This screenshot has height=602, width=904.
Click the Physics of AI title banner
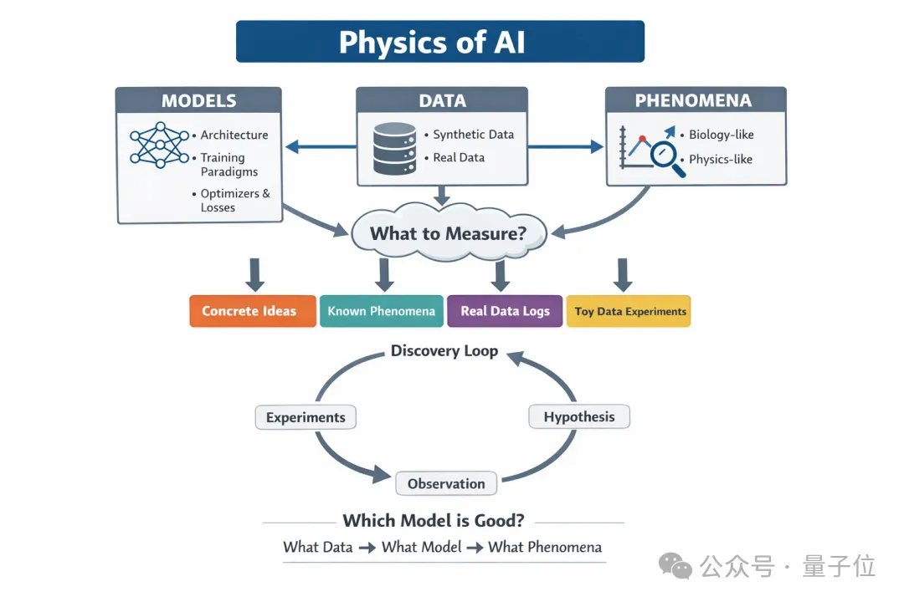pyautogui.click(x=440, y=42)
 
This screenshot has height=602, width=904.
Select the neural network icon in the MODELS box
pyautogui.click(x=159, y=146)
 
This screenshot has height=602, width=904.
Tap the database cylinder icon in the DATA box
pyautogui.click(x=395, y=149)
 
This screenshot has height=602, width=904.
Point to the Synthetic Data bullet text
pyautogui.click(x=473, y=135)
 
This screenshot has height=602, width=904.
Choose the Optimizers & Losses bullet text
pyautogui.click(x=234, y=201)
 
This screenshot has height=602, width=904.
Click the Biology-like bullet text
pyautogui.click(x=720, y=135)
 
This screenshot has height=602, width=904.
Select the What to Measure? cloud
pyautogui.click(x=448, y=232)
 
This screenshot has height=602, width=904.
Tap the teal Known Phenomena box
pyautogui.click(x=381, y=311)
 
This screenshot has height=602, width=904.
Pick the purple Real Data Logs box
pyautogui.click(x=505, y=311)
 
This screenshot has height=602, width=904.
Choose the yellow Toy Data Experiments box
pyautogui.click(x=629, y=311)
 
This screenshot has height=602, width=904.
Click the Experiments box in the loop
pyautogui.click(x=306, y=417)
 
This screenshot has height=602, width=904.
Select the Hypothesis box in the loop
pyautogui.click(x=578, y=416)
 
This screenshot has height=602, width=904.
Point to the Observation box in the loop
pyautogui.click(x=446, y=483)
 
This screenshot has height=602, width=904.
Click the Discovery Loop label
pyautogui.click(x=444, y=351)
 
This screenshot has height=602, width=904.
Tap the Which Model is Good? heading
pyautogui.click(x=434, y=521)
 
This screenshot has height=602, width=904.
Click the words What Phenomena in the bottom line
pyautogui.click(x=544, y=548)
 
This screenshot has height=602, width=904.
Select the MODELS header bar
pyautogui.click(x=199, y=101)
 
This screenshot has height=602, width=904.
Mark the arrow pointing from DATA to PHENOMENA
pyautogui.click(x=566, y=147)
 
